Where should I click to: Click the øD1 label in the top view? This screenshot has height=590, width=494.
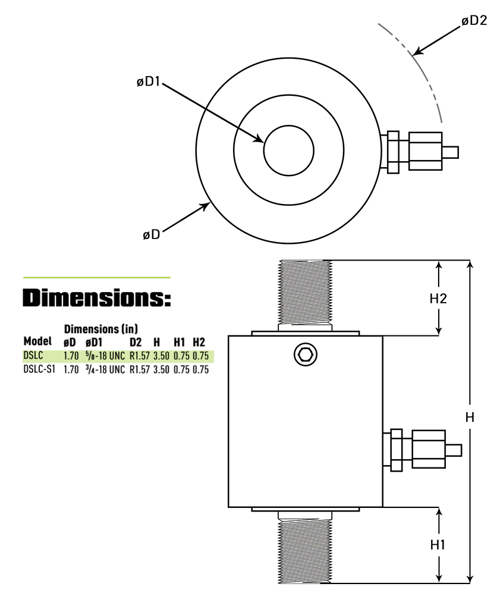[x=148, y=81]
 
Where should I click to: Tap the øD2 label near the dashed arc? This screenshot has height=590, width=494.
[x=474, y=21]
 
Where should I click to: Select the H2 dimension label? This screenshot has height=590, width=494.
[x=438, y=299]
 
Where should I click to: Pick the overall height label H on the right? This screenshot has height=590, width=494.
[x=470, y=418]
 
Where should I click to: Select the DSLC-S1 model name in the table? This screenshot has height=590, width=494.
[x=40, y=369]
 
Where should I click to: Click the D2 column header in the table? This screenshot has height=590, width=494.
[x=136, y=342]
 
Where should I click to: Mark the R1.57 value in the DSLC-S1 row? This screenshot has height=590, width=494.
[x=139, y=369]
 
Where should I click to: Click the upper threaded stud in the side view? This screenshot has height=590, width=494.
[x=304, y=295]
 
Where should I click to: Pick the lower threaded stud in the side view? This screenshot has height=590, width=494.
[x=304, y=547]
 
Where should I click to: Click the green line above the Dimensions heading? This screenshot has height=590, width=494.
[x=97, y=278]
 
